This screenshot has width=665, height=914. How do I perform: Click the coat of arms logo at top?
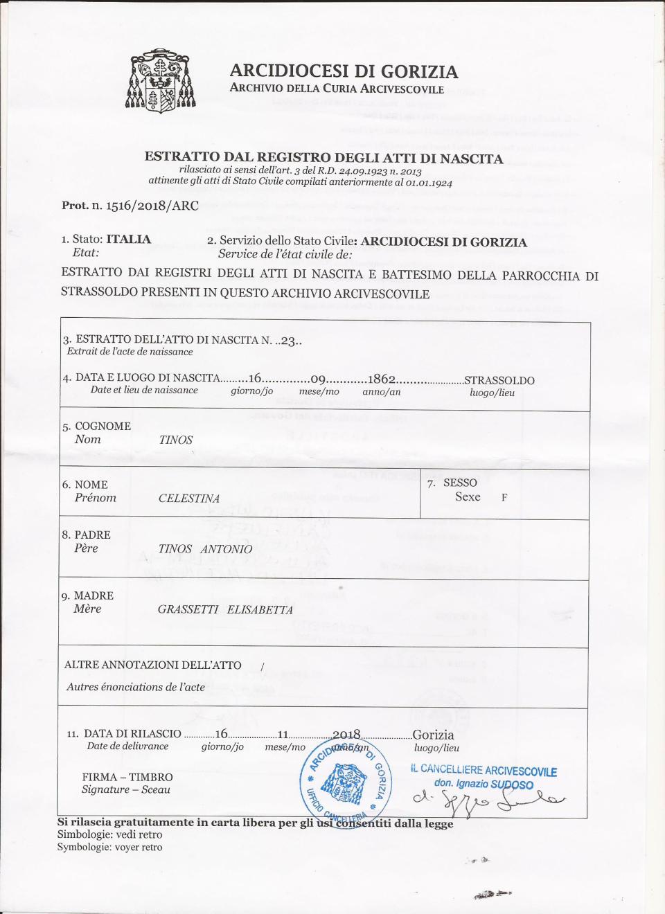tap(160, 81)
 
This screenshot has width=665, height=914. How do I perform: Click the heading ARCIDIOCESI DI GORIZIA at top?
tap(344, 71)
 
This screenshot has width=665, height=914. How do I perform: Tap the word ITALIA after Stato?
tap(128, 240)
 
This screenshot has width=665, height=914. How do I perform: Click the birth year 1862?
tap(382, 379)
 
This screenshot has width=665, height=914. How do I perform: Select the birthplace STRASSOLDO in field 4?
tap(499, 380)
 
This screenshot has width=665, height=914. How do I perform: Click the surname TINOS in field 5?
tap(176, 440)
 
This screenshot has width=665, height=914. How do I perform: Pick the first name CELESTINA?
tap(189, 499)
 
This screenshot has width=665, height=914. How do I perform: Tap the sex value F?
tap(504, 497)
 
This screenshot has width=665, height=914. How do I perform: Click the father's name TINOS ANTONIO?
tap(205, 549)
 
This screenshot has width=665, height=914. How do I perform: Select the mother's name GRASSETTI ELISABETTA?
tap(225, 610)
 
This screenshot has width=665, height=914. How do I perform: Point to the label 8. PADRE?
tap(86, 535)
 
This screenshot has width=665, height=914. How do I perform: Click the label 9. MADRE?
tap(87, 595)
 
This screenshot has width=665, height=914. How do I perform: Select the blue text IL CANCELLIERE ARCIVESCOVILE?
tap(484, 770)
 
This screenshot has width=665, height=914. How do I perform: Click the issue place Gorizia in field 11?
tap(433, 735)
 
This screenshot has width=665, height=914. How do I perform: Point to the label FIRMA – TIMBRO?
tap(127, 777)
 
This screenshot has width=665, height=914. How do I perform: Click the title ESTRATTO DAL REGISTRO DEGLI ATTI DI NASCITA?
tap(323, 158)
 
